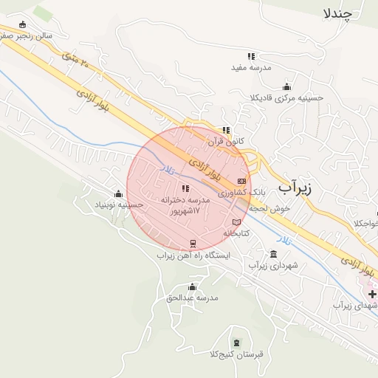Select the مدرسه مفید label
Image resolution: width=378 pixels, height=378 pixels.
251,67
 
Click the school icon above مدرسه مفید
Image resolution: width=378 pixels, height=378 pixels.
251,56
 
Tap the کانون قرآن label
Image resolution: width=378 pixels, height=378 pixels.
226,140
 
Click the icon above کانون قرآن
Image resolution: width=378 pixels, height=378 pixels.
226,130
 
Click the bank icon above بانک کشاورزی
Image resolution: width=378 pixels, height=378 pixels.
241,181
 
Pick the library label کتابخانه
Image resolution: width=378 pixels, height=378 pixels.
238,233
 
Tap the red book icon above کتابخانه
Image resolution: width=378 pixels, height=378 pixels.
236,222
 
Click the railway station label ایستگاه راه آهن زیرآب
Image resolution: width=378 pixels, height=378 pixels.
193,255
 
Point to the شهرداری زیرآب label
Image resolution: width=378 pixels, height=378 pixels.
273,265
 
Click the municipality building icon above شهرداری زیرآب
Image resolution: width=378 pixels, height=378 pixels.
274,254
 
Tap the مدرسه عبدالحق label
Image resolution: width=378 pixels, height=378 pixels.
193,298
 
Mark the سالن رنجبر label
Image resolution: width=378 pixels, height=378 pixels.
28,35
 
